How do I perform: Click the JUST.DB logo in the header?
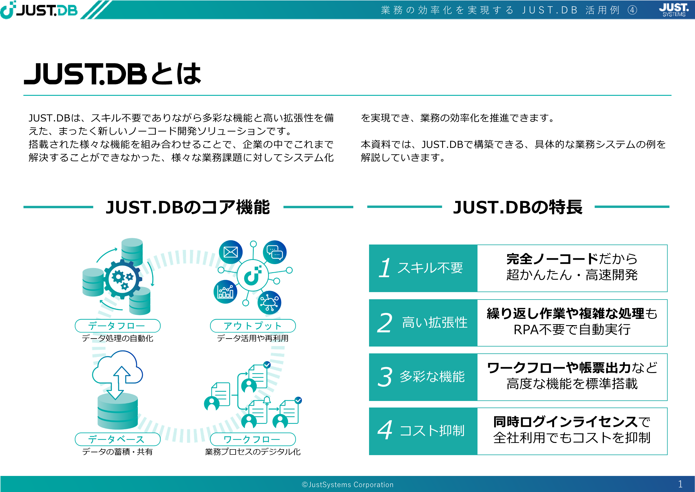(x=39, y=10)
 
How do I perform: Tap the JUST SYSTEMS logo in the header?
(x=674, y=10)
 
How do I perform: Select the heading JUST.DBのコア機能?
(x=188, y=207)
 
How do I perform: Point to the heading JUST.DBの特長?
(x=518, y=207)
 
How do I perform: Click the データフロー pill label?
(x=117, y=326)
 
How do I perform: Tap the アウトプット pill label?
(x=253, y=326)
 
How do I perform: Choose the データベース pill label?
(x=117, y=439)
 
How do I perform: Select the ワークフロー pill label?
(x=253, y=439)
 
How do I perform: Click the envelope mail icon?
(x=231, y=252)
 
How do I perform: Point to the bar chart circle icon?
(x=226, y=292)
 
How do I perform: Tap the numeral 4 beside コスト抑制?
(x=385, y=430)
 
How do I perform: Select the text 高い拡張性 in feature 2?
(x=435, y=322)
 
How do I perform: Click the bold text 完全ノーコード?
(x=552, y=259)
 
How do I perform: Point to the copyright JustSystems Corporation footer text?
(x=348, y=485)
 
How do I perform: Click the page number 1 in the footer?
(x=680, y=484)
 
